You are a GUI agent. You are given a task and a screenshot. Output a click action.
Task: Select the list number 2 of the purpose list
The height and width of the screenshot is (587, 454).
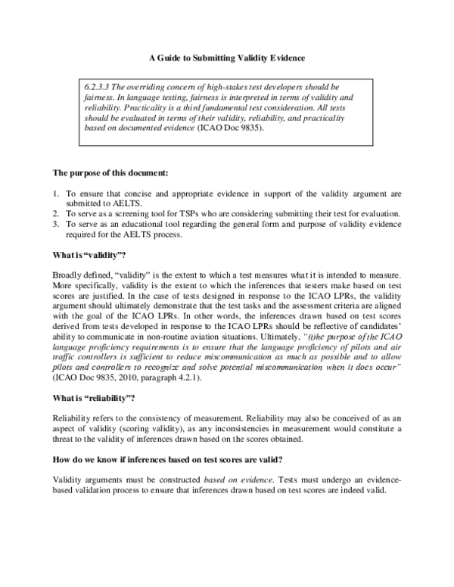click(55, 214)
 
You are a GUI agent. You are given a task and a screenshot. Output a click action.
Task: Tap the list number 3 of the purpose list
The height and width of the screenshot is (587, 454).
click(55, 224)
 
